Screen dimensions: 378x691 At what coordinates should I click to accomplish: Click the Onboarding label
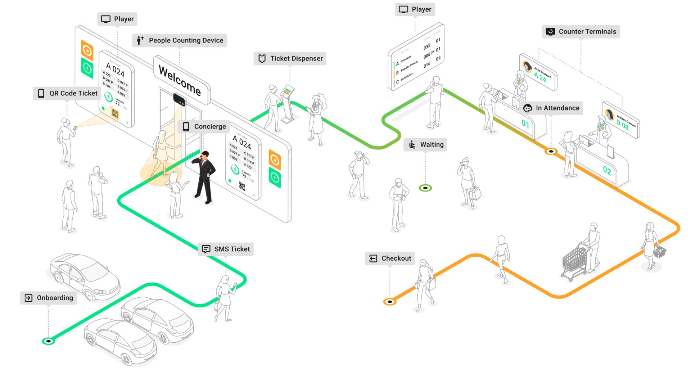click(x=49, y=298)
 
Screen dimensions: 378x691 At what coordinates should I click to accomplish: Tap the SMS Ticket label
click(x=226, y=249)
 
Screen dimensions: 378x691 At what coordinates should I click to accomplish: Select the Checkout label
click(x=390, y=258)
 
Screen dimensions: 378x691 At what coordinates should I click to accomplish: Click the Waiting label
click(x=425, y=145)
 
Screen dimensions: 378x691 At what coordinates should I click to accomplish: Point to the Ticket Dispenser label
click(x=290, y=59)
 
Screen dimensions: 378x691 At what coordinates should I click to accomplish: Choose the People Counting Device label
click(x=180, y=40)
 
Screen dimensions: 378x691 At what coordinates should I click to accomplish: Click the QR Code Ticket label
click(x=67, y=93)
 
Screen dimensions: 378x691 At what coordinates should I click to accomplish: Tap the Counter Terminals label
click(x=581, y=32)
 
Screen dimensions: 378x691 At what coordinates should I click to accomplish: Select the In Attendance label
click(x=551, y=108)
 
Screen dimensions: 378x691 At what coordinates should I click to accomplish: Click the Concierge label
click(x=204, y=127)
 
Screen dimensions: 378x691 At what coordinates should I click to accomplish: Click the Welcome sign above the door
click(x=180, y=81)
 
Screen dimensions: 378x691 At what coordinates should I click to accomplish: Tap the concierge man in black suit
click(x=204, y=176)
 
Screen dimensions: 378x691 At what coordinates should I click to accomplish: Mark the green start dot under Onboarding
click(x=48, y=341)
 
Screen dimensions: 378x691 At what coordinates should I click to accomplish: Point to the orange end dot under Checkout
click(x=390, y=301)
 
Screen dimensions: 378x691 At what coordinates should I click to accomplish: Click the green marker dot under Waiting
click(x=425, y=188)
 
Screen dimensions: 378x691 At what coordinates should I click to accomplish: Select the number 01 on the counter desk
click(x=525, y=124)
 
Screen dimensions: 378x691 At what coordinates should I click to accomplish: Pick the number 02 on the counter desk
click(x=607, y=170)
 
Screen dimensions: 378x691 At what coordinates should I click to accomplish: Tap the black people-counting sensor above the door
click(x=179, y=99)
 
